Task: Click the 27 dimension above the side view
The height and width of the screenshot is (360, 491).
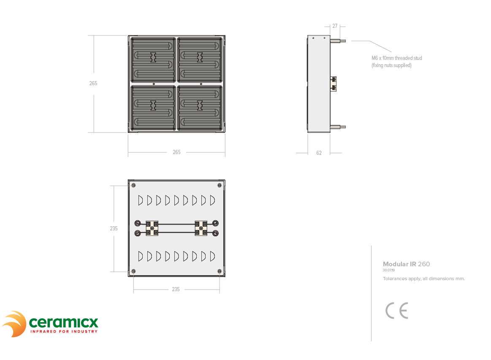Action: point(335,26)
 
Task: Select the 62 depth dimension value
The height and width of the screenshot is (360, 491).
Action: point(319,153)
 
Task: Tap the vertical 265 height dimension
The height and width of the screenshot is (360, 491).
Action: point(93,83)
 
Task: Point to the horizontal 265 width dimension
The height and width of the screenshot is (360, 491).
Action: point(176,152)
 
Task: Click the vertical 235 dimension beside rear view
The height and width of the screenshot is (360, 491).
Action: point(114,228)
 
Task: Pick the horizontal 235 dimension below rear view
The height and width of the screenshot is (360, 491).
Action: point(176,289)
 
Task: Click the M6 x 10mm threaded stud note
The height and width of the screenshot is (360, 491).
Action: point(397,58)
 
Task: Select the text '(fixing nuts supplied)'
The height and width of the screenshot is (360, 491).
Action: point(391,65)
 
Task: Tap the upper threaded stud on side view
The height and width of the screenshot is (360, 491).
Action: point(338,41)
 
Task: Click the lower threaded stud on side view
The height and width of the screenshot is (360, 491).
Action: point(338,127)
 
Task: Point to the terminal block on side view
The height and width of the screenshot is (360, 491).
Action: point(334,84)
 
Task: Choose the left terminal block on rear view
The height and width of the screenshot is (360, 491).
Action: point(152,228)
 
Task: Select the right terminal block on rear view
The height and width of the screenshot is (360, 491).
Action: point(201,228)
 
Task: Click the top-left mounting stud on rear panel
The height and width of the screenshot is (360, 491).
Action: point(133,185)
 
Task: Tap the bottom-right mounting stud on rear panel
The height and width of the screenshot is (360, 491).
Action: point(220,271)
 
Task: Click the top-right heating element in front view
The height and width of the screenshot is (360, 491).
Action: point(200,60)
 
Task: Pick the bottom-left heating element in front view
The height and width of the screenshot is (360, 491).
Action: point(153,108)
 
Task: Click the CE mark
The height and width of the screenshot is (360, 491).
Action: point(397,311)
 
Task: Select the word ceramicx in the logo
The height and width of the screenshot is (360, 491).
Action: point(64,322)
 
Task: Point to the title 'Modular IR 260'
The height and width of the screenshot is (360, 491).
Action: point(407,264)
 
